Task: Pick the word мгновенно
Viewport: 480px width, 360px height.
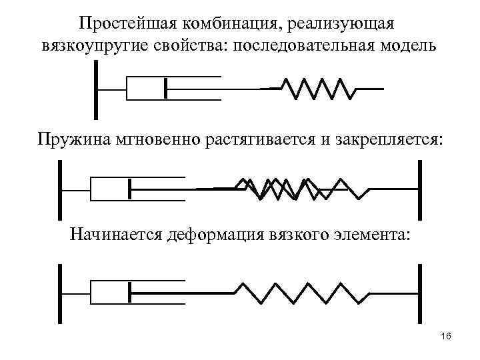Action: pos(157,140)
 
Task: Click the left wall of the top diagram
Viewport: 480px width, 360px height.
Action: pos(97,89)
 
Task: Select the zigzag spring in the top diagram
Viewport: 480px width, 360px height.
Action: pos(316,88)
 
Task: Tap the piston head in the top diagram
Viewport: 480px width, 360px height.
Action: pos(165,89)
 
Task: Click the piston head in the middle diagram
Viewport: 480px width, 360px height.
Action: pos(129,189)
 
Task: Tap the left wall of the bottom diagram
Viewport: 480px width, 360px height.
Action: pos(60,293)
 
